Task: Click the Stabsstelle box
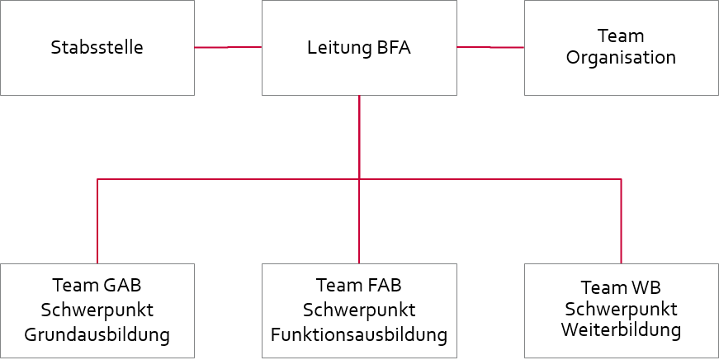tap(97, 47)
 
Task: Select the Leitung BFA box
tap(359, 47)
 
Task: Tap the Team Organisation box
tap(621, 47)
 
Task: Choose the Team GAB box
tap(97, 310)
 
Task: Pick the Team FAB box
tap(359, 310)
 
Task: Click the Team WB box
tap(621, 310)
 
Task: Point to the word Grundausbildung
tap(97, 335)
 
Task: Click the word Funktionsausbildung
tap(359, 335)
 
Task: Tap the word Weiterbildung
tap(621, 329)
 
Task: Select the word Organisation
tap(621, 58)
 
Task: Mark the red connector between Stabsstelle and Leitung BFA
tap(228, 48)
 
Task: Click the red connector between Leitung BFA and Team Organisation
tap(490, 47)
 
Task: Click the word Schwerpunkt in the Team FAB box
tap(359, 310)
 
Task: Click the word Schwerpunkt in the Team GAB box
tap(97, 310)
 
